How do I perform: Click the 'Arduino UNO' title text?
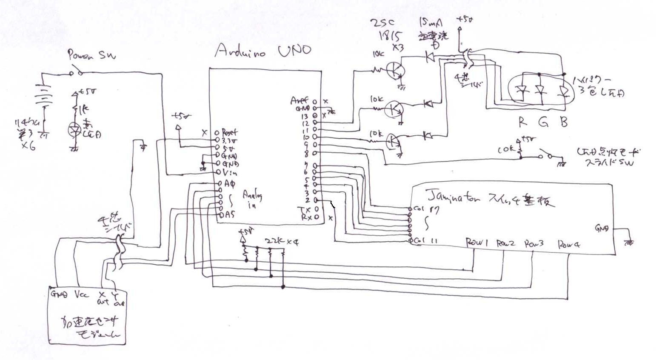coord(262,51)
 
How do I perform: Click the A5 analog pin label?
coord(229,215)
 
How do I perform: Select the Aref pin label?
coord(299,101)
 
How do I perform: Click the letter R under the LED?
coord(522,123)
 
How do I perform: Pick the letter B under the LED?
coord(564,123)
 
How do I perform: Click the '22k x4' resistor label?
coord(281,242)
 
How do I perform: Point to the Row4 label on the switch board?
coord(569,244)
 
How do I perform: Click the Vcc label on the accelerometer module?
coord(82,294)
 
